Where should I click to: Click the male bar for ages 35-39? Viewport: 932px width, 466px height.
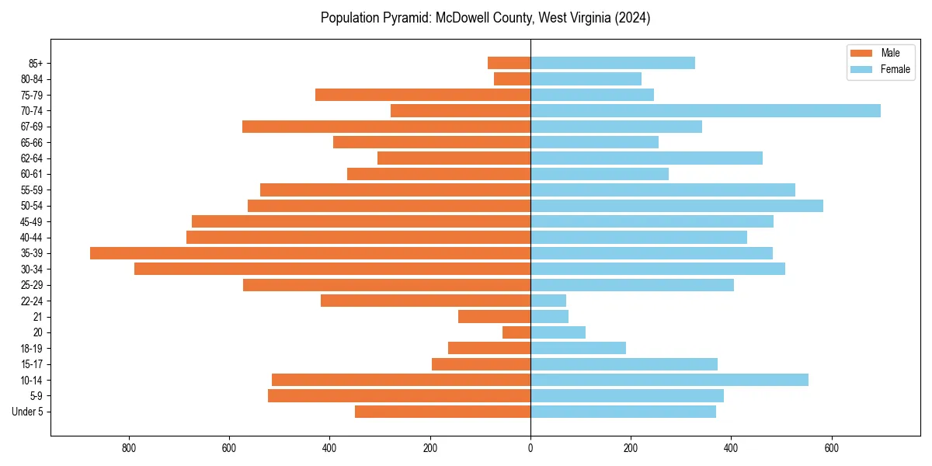(x=311, y=253)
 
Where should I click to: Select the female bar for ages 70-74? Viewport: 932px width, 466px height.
(x=705, y=110)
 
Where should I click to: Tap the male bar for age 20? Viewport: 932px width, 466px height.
(x=516, y=332)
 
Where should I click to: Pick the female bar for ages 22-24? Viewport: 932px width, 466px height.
(x=548, y=301)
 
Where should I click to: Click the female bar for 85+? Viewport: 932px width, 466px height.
(x=613, y=63)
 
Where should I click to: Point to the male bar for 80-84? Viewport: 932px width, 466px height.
(x=513, y=78)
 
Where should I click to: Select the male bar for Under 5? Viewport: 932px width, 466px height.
(x=443, y=412)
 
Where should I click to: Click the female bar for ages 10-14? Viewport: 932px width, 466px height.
(x=669, y=380)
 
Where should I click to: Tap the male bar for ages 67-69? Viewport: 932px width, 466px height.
(x=387, y=127)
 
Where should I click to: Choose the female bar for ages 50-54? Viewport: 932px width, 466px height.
(x=676, y=206)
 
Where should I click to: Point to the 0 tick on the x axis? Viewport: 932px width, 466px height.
(x=530, y=448)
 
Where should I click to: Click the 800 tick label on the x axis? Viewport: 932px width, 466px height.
(x=129, y=448)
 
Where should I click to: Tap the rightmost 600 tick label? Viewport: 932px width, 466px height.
(x=831, y=448)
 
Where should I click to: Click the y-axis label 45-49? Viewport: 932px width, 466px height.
(x=32, y=221)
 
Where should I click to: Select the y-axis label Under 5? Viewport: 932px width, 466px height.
(x=28, y=412)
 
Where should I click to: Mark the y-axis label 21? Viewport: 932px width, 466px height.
(x=37, y=317)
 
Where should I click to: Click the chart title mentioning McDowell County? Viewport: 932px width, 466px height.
(x=485, y=18)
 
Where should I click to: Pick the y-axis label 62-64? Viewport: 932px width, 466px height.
(x=32, y=158)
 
